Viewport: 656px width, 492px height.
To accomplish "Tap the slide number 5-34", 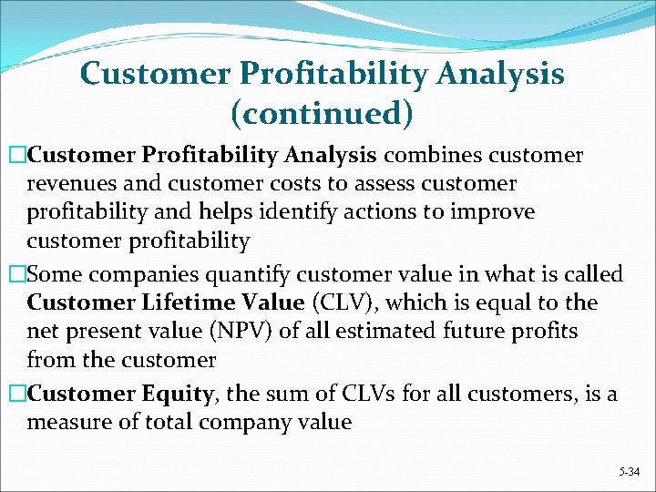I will point(629,471).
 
